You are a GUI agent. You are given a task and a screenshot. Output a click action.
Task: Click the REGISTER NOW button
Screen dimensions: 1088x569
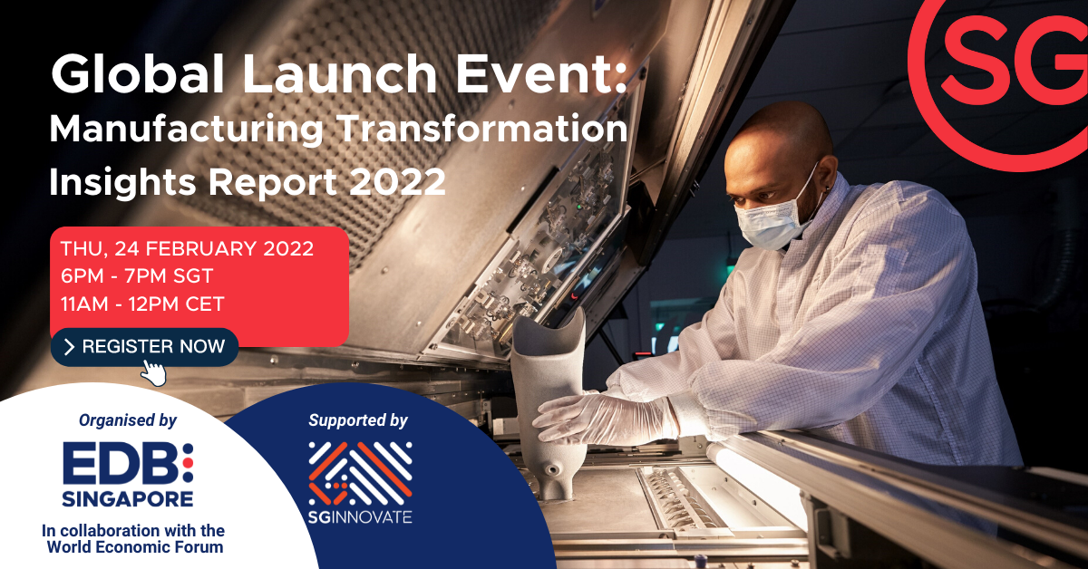tap(144, 347)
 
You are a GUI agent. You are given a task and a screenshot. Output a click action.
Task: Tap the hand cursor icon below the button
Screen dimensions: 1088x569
tap(153, 373)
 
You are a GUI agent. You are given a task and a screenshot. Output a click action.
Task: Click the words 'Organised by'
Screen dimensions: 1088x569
tap(128, 420)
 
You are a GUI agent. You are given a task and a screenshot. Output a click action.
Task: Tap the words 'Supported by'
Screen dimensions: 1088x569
tap(358, 420)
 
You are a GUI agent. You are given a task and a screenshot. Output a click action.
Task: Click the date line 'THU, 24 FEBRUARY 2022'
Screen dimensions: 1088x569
tap(187, 248)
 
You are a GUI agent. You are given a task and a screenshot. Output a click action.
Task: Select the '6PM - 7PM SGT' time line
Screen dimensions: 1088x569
tap(137, 275)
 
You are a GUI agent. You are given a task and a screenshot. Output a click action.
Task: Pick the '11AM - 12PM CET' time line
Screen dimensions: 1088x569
tap(142, 304)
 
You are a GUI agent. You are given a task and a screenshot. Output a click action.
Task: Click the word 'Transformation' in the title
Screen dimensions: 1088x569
tap(483, 128)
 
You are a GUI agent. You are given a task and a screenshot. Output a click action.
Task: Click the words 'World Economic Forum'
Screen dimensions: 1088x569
tap(135, 547)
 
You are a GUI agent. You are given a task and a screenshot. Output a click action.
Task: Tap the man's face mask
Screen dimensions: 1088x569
tap(773, 218)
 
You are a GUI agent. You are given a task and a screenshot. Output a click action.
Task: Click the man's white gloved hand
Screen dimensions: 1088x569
tap(607, 418)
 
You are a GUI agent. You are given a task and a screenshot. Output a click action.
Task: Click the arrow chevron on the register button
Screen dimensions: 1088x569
tap(70, 347)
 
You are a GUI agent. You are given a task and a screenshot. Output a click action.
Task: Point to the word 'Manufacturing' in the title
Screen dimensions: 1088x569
tap(186, 130)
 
